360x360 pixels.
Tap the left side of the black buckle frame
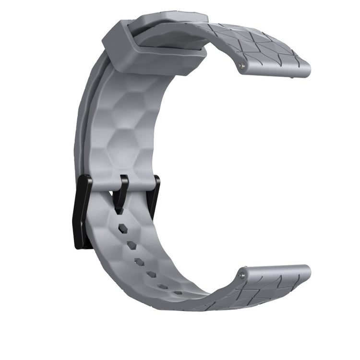82,211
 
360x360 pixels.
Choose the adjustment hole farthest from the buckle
178,292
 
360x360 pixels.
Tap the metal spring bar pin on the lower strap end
243,276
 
